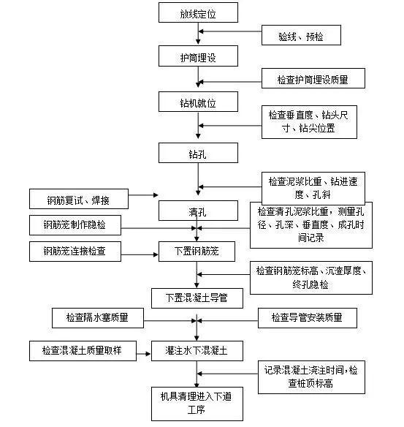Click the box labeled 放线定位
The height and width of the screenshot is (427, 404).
click(x=198, y=12)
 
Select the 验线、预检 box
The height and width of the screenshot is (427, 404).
click(x=301, y=35)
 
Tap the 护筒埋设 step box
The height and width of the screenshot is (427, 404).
click(x=198, y=56)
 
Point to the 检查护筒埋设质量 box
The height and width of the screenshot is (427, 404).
click(x=313, y=78)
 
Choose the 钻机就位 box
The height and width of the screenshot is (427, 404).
click(x=198, y=102)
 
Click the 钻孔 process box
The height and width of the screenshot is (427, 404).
click(x=198, y=153)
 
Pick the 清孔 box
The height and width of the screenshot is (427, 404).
click(x=198, y=211)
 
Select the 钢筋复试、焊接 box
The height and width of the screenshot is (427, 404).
click(x=79, y=199)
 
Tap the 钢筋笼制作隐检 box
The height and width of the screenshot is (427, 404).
click(x=75, y=225)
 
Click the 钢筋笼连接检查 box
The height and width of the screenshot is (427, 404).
click(x=75, y=252)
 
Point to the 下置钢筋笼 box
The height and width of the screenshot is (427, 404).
click(x=197, y=252)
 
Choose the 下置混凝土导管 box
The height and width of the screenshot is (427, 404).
click(x=197, y=298)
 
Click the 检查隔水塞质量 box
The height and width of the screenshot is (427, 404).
click(x=98, y=318)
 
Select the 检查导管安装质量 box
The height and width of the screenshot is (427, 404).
click(x=308, y=318)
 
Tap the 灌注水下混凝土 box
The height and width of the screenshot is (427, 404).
click(x=197, y=351)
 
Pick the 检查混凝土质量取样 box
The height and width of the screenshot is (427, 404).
click(x=83, y=351)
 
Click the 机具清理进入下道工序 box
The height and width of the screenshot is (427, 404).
click(x=197, y=404)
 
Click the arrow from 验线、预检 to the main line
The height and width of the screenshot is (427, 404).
click(x=230, y=31)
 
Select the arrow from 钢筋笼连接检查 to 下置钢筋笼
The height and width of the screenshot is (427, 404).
click(x=140, y=255)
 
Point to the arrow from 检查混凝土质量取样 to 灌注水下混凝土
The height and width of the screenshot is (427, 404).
click(x=144, y=354)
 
